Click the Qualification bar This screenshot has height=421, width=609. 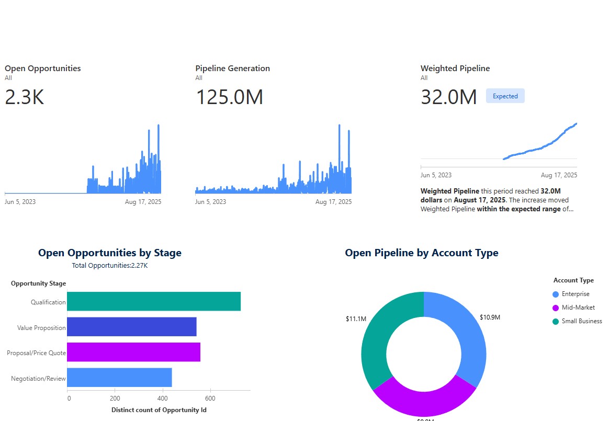tap(154, 302)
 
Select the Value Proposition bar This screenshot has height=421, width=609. tap(132, 327)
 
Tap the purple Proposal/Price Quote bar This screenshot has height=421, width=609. tap(133, 352)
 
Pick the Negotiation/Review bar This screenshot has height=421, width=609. tap(119, 377)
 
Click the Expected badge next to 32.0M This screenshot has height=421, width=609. tap(505, 96)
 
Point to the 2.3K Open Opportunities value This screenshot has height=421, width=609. tap(24, 98)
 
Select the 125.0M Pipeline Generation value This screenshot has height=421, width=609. tap(229, 98)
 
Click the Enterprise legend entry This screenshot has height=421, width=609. tap(575, 294)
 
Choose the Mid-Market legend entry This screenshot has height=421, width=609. tap(578, 308)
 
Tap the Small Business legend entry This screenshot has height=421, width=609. tap(581, 321)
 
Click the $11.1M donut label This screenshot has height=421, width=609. tap(356, 318)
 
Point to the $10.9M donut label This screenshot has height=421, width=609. tap(490, 317)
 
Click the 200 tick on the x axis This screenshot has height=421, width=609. tap(115, 398)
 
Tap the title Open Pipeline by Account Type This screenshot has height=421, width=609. tap(421, 253)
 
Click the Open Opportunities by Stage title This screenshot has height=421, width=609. tap(110, 253)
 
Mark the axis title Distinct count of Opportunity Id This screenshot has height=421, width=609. tap(159, 410)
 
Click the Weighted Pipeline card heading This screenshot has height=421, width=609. tap(455, 69)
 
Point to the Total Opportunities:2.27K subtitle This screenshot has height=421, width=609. tap(110, 266)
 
